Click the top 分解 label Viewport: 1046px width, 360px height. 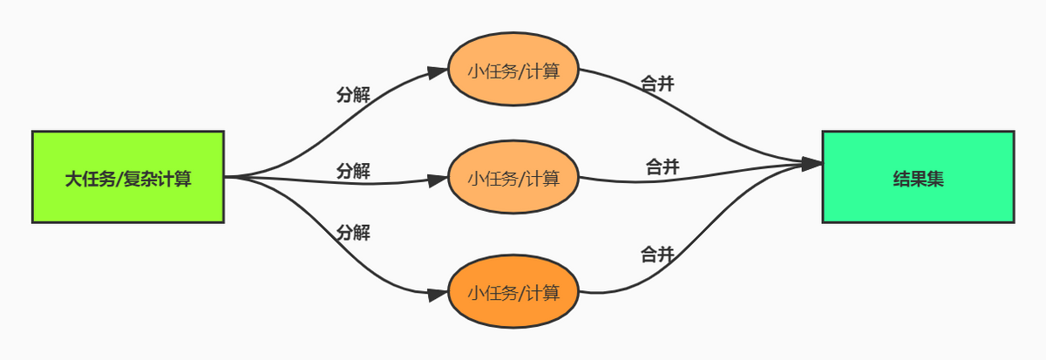pyautogui.click(x=353, y=95)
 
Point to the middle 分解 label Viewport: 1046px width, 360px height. pyautogui.click(x=353, y=171)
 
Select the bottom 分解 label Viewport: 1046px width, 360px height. pyautogui.click(x=353, y=233)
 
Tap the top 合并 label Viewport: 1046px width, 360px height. pyautogui.click(x=657, y=84)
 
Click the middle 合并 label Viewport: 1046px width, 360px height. pyautogui.click(x=662, y=166)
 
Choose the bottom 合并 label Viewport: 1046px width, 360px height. pyautogui.click(x=657, y=255)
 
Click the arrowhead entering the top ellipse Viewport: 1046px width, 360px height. pyautogui.click(x=438, y=71)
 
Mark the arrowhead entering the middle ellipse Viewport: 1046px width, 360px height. pyautogui.click(x=438, y=180)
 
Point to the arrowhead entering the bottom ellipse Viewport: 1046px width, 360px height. pyautogui.click(x=438, y=294)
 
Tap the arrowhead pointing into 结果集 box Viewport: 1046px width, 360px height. pyautogui.click(x=812, y=163)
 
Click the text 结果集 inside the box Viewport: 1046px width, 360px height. pyautogui.click(x=918, y=180)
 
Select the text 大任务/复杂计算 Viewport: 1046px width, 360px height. pyautogui.click(x=128, y=180)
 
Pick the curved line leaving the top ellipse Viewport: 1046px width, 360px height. pyautogui.click(x=680, y=105)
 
